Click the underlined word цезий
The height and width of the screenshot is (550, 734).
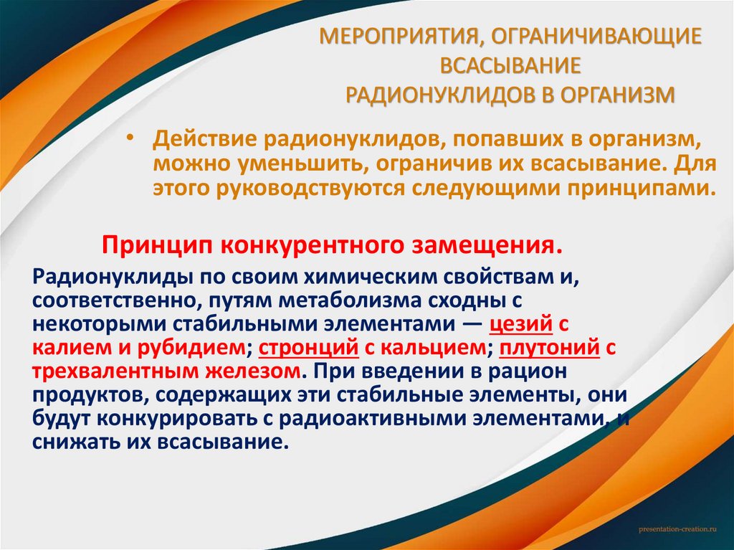coord(521,324)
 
